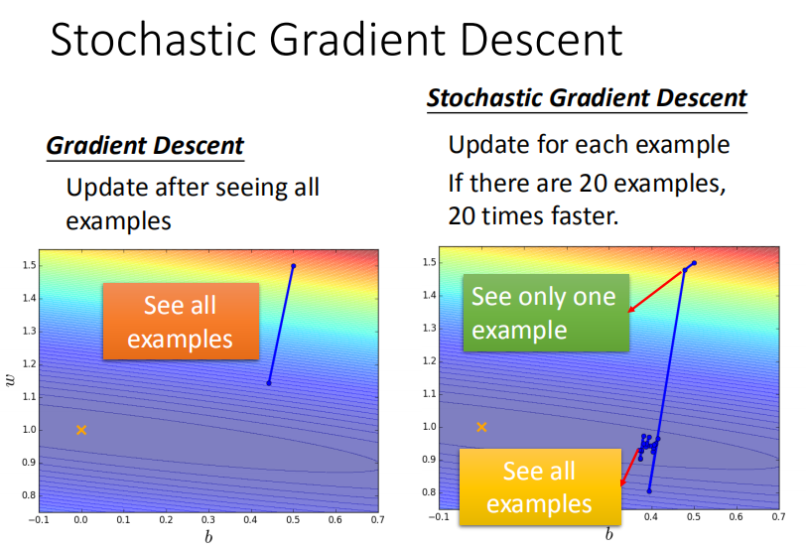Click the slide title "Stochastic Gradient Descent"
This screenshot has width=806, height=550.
point(336,41)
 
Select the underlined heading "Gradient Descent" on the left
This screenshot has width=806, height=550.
point(145,146)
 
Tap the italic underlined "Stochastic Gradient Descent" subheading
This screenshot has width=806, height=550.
point(587,98)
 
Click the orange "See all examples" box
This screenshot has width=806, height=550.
point(180,321)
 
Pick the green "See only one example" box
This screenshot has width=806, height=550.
point(543,312)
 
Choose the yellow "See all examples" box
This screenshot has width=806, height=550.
point(539,486)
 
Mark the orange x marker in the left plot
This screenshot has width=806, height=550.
point(81,430)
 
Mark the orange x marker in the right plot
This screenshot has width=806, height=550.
point(481,427)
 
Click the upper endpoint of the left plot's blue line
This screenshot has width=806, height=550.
point(293,266)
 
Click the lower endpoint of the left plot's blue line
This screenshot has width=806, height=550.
point(269,383)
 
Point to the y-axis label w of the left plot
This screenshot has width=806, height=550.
point(11,381)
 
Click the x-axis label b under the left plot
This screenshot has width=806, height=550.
point(208,537)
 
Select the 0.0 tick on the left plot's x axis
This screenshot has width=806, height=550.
point(81,519)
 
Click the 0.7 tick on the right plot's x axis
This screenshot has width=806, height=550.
point(777,516)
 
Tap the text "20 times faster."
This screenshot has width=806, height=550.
point(533,214)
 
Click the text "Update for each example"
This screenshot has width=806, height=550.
point(589,145)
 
